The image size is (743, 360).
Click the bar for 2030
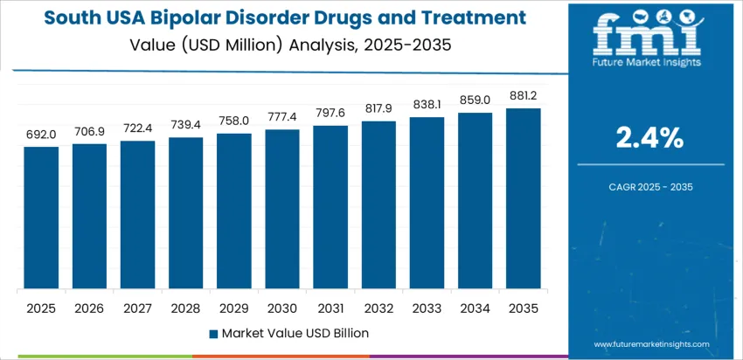point(282,210)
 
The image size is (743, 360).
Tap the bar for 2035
point(524,199)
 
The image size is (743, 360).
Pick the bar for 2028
point(186,214)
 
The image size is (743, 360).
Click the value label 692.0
point(41,135)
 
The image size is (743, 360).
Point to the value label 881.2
point(524,96)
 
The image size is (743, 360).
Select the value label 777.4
point(282,117)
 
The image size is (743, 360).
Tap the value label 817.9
point(379,109)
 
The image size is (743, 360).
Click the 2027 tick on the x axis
point(138,308)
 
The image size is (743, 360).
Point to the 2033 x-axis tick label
point(427,308)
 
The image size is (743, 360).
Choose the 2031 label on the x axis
point(330,308)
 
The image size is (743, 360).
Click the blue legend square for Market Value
point(213,333)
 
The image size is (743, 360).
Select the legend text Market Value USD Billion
point(295,333)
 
